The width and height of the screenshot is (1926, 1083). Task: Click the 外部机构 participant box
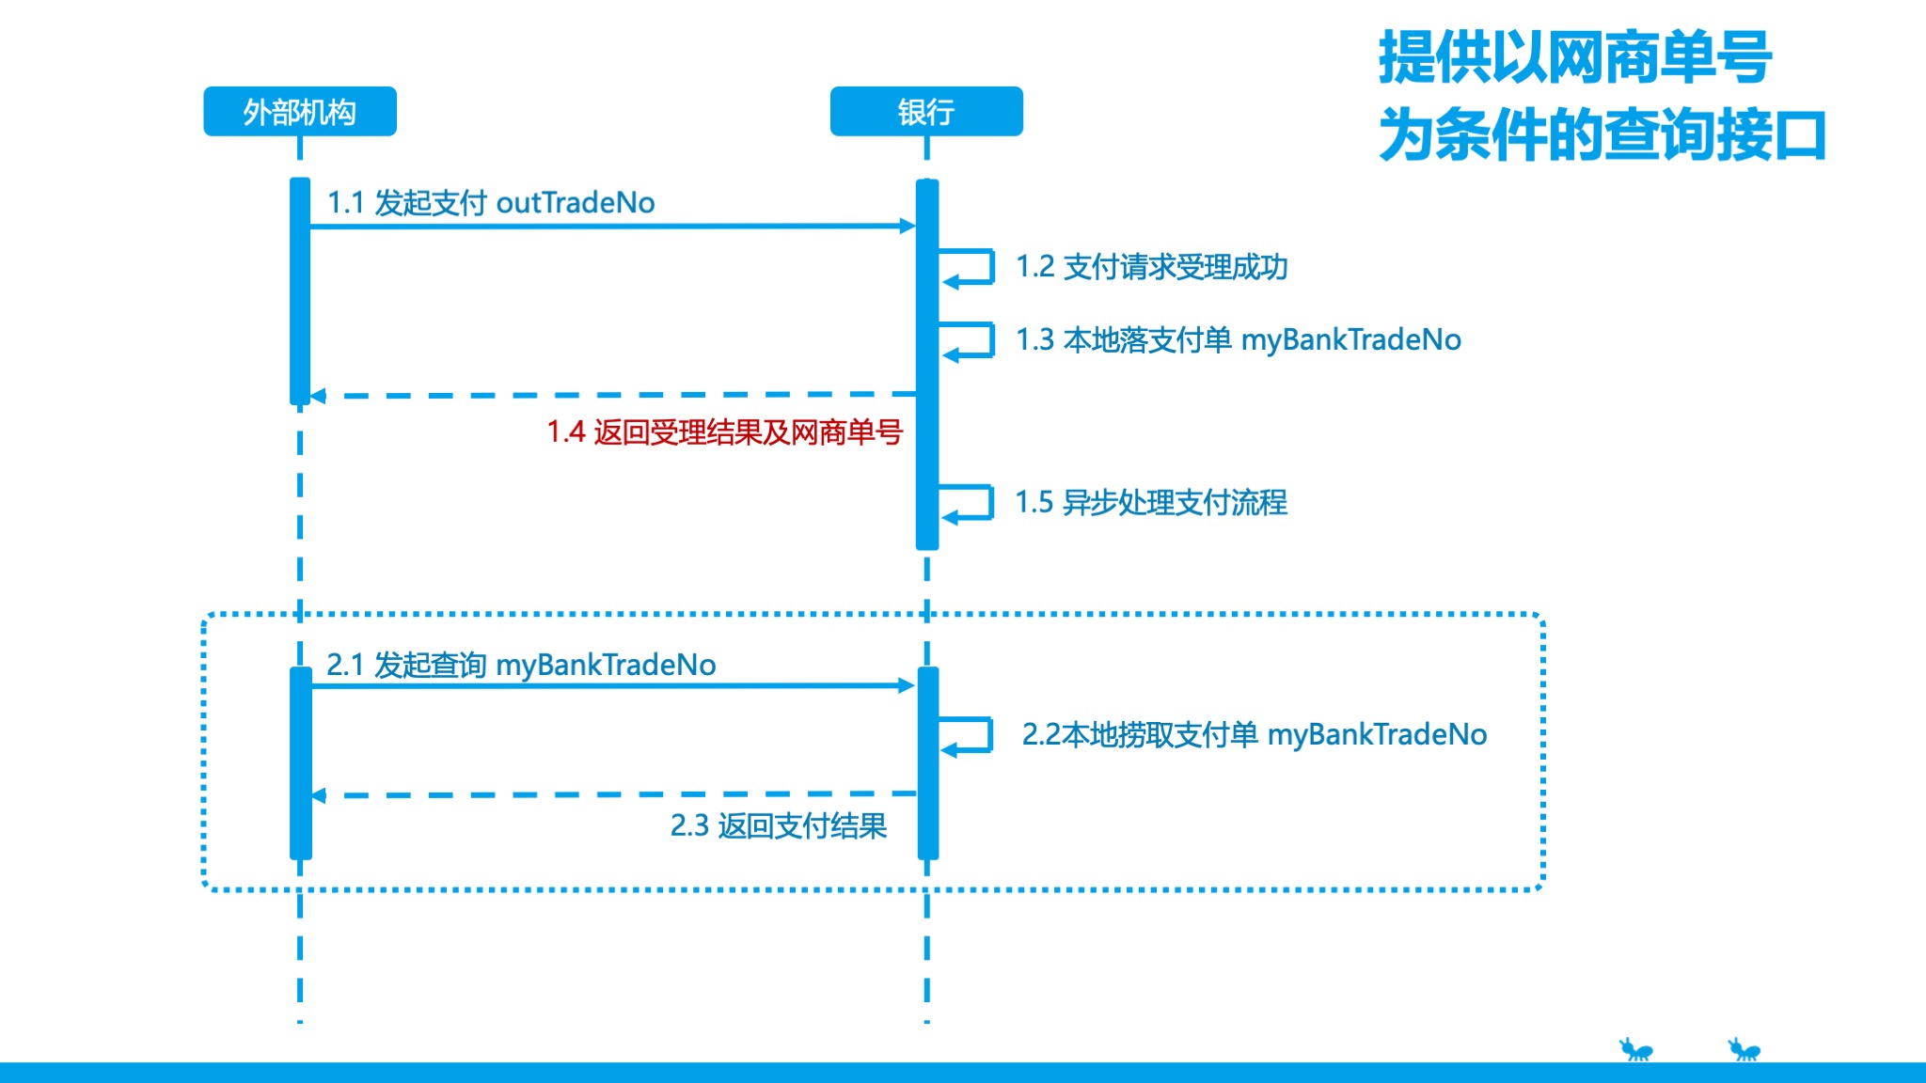pyautogui.click(x=300, y=112)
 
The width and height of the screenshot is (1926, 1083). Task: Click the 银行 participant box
pyautogui.click(x=926, y=112)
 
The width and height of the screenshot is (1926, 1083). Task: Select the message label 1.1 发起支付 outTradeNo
pyautogui.click(x=490, y=202)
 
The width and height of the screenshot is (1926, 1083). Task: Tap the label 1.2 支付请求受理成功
pyautogui.click(x=1151, y=267)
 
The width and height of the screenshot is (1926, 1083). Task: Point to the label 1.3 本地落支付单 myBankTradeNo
pyautogui.click(x=1238, y=339)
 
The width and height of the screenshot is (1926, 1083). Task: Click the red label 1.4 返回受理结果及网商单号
pyautogui.click(x=724, y=432)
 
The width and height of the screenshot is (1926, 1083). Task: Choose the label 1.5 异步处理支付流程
pyautogui.click(x=1150, y=502)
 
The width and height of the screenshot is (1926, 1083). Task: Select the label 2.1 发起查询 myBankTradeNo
pyautogui.click(x=521, y=665)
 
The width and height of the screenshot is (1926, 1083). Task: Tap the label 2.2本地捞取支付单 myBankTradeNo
pyautogui.click(x=1254, y=734)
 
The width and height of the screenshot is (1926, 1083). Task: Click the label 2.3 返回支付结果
pyautogui.click(x=778, y=825)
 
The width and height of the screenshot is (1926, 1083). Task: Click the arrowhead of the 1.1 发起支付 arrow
pyautogui.click(x=908, y=226)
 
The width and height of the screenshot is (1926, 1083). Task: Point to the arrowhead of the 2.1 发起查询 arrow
pyautogui.click(x=908, y=685)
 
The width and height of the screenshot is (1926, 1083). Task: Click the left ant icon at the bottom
pyautogui.click(x=1635, y=1049)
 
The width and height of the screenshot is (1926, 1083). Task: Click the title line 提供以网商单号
pyautogui.click(x=1575, y=57)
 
